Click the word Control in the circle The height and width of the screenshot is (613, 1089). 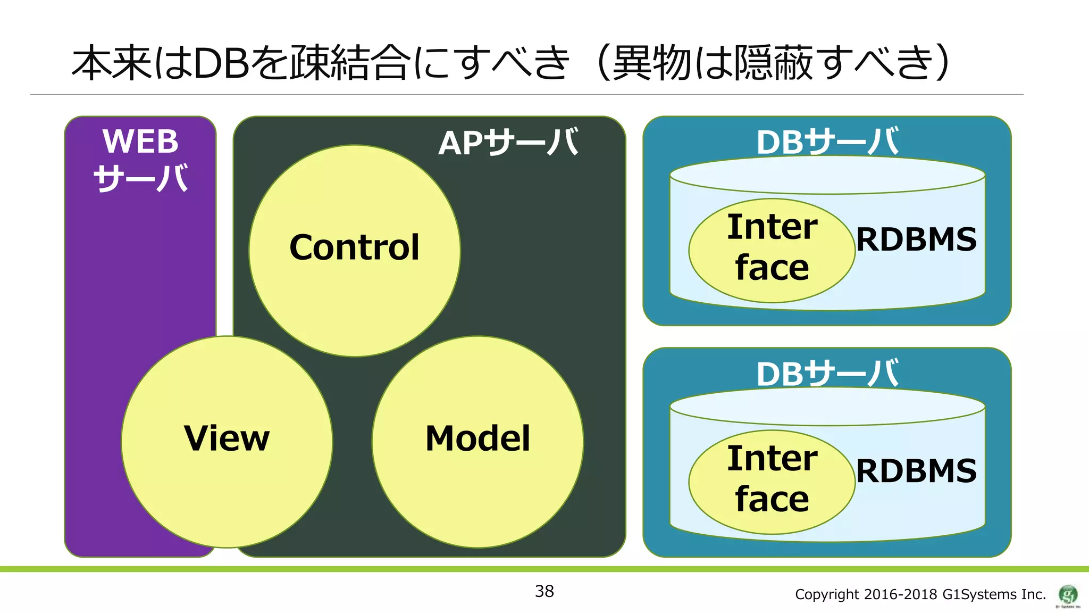pos(355,248)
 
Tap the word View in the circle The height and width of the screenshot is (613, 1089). pos(227,439)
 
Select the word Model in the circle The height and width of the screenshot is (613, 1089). pos(478,439)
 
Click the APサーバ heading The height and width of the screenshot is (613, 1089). pos(508,143)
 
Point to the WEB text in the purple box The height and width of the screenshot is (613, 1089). pos(140,142)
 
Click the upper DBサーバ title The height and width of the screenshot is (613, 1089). pos(827,142)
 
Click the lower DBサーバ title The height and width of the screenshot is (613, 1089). pos(827,374)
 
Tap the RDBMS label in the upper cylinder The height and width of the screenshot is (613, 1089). pos(916,240)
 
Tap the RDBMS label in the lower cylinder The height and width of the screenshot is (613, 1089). pos(916,471)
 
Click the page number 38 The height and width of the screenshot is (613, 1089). pos(544,591)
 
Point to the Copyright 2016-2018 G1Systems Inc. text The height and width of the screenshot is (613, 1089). pos(920,594)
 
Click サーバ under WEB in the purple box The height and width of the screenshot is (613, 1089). pos(140,179)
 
